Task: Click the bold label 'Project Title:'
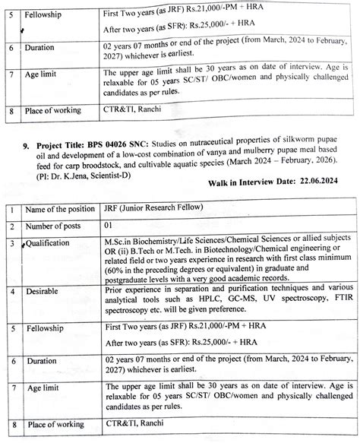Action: [x=68, y=141]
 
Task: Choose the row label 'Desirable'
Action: [x=45, y=293]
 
